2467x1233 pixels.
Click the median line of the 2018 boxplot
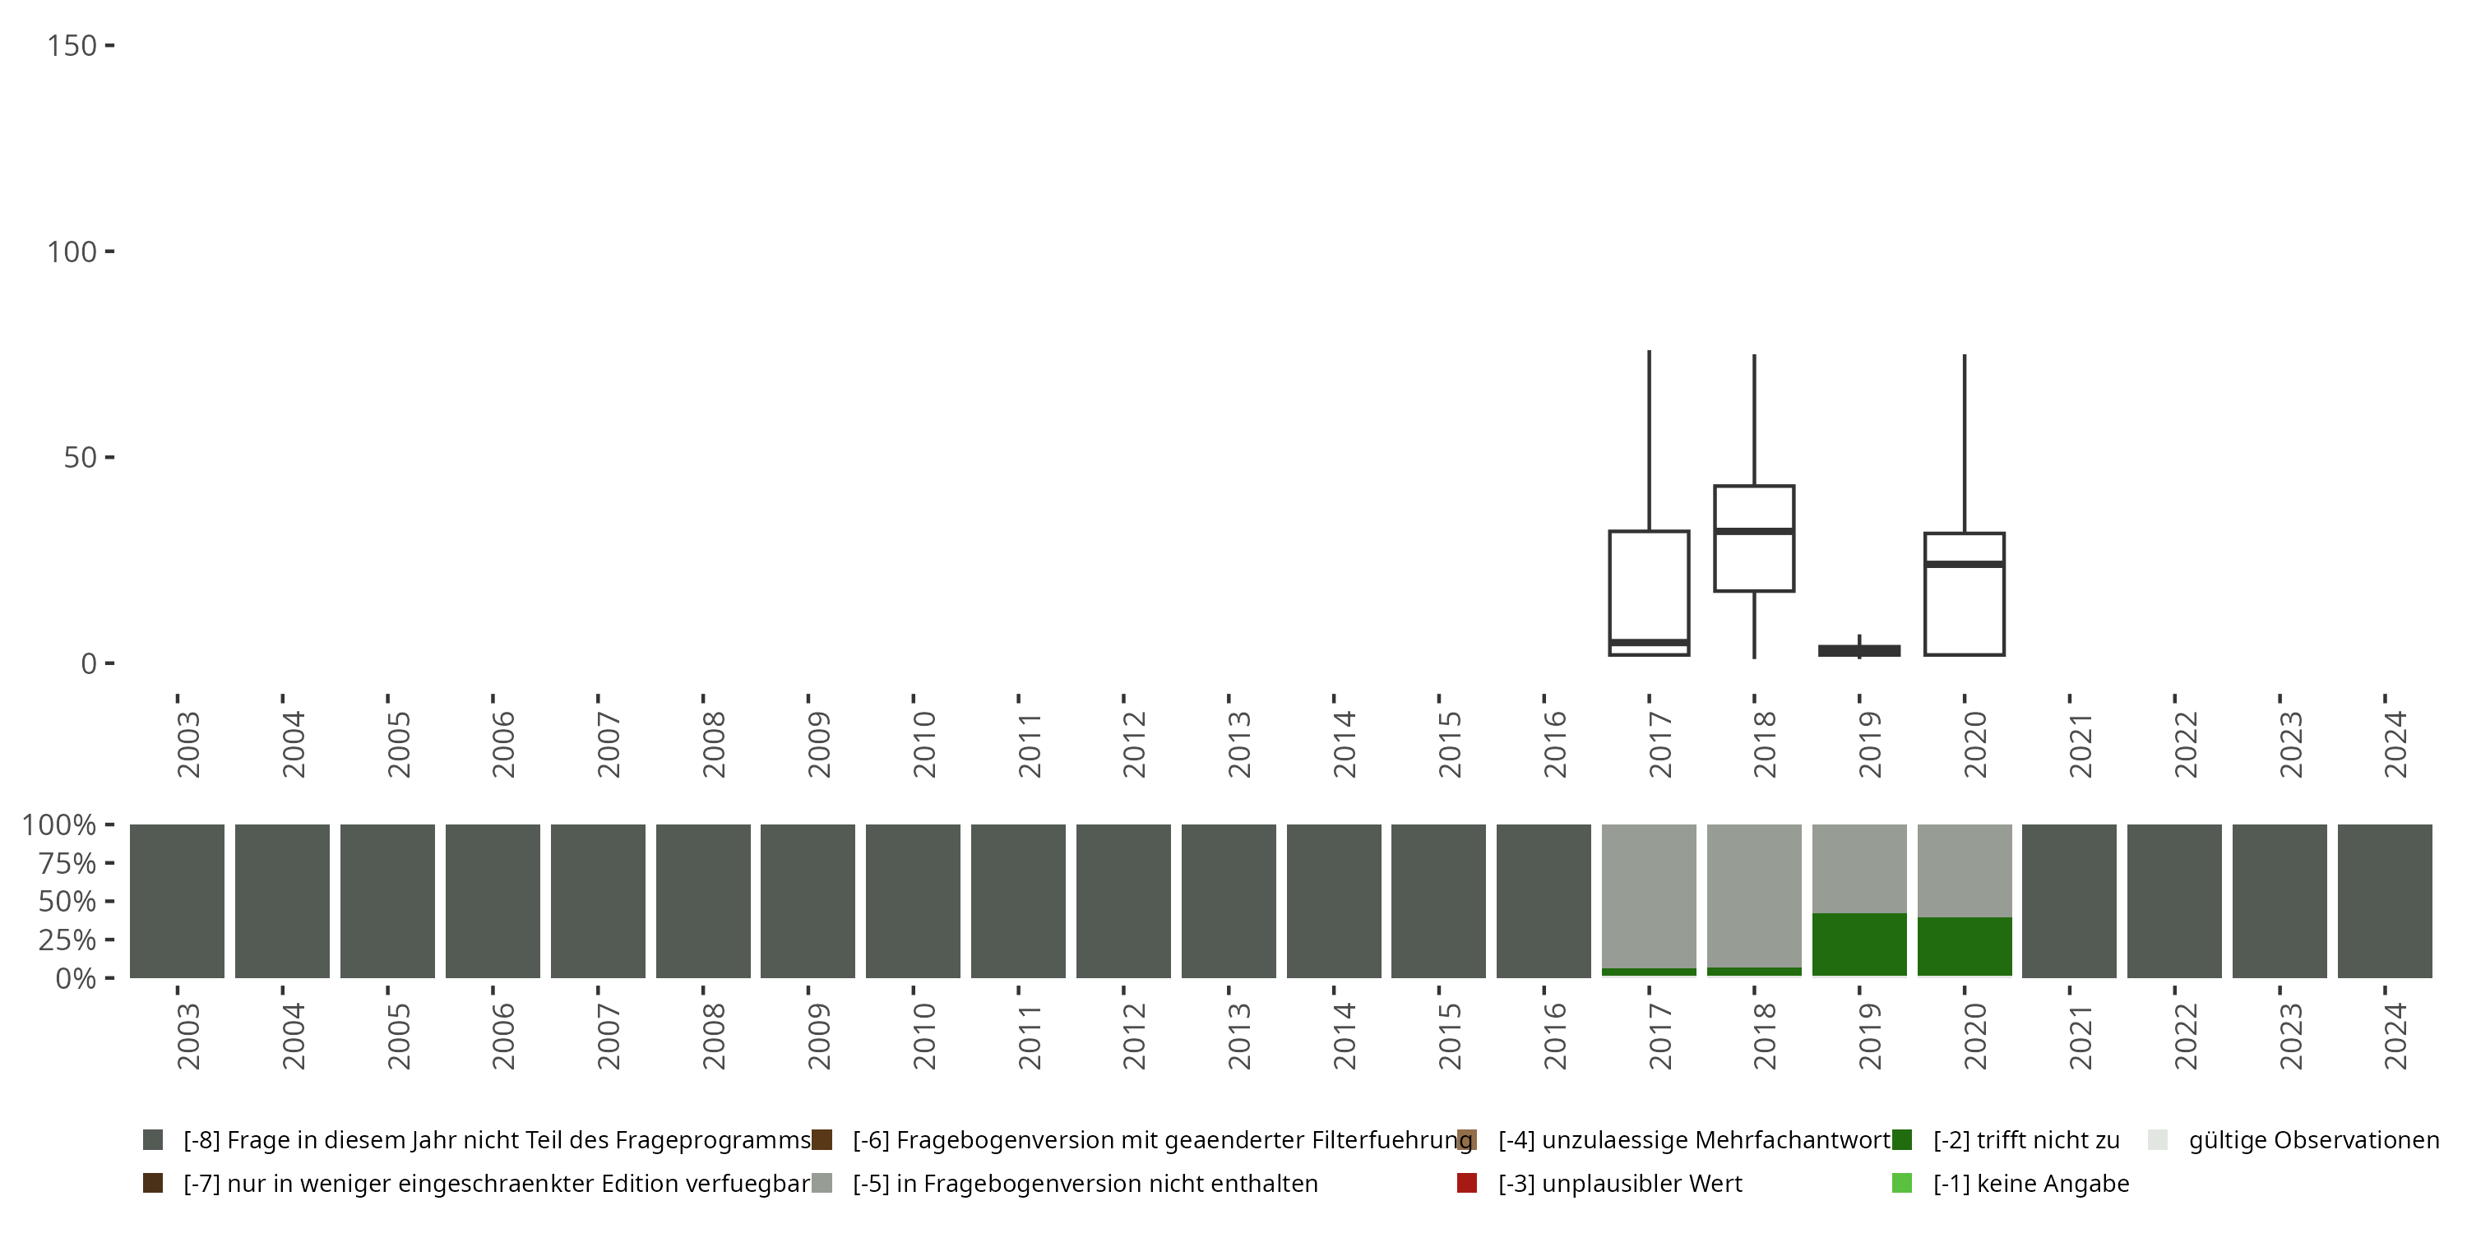tap(1753, 530)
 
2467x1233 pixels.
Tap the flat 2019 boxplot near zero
tap(1858, 651)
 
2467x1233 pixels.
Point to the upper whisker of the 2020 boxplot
tap(1965, 441)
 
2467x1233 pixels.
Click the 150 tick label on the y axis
tap(72, 46)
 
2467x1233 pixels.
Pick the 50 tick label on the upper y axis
tap(81, 458)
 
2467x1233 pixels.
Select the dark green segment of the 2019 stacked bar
tap(1858, 944)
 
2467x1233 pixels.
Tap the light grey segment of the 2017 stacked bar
tap(1648, 895)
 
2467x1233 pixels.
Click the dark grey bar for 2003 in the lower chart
tap(177, 901)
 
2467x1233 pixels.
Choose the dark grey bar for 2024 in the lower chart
tap(2385, 901)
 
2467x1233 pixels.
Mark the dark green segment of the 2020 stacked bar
tap(1965, 947)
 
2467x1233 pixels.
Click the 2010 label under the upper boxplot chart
tap(923, 745)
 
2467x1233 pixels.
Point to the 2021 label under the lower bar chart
tap(2081, 1036)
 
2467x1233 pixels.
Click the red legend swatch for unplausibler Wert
tap(1466, 1183)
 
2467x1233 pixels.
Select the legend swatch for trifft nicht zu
tap(1902, 1140)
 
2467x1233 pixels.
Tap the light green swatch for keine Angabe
tap(1902, 1183)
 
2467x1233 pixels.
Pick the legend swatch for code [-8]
tap(152, 1140)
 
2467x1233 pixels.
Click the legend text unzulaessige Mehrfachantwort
tap(1694, 1140)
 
